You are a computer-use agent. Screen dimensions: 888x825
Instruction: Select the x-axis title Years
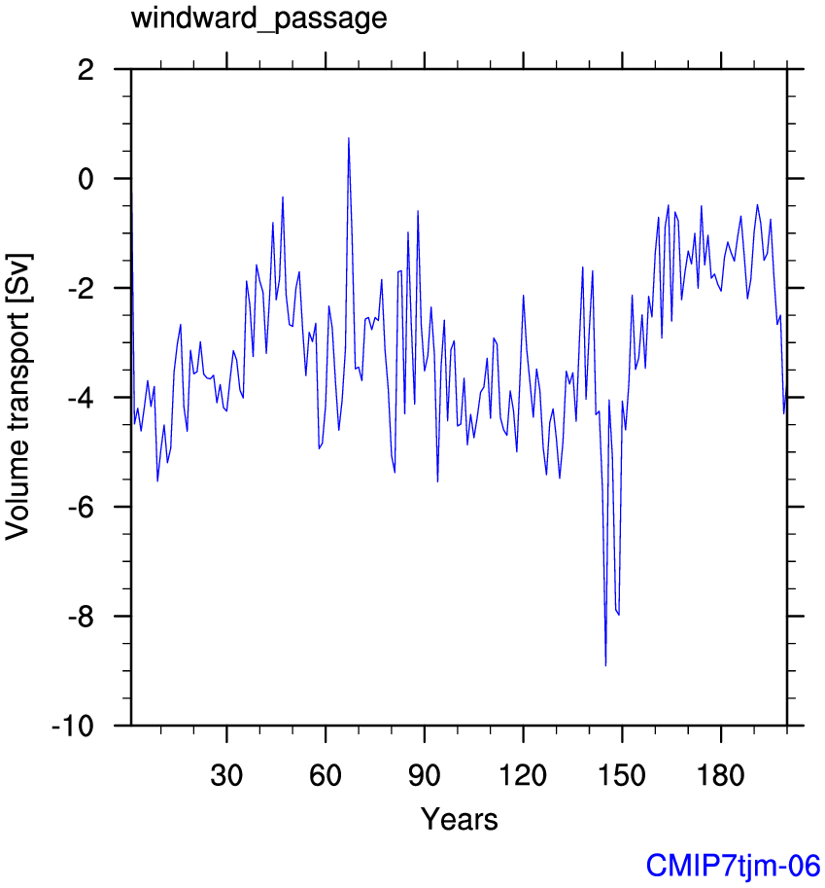coord(459,819)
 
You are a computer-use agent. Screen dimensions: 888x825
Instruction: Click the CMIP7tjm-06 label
coord(734,865)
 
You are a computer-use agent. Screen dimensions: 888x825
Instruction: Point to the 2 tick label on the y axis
coord(86,70)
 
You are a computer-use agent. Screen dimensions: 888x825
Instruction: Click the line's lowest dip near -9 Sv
coord(605,665)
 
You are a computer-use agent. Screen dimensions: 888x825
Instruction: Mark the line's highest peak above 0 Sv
coord(349,138)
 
